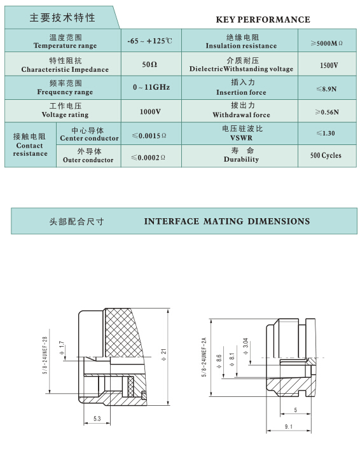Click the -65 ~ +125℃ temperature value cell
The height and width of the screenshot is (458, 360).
point(149,41)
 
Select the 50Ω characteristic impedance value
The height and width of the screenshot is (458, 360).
point(149,64)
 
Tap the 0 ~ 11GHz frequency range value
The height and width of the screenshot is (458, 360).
point(151,87)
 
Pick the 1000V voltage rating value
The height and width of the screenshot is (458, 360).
point(150,111)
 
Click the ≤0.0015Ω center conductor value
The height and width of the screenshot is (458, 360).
point(149,135)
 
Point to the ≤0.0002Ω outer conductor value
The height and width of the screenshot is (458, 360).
point(148,158)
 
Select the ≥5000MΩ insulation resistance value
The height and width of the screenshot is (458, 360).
point(326,43)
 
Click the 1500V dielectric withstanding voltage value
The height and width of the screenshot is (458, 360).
point(329,65)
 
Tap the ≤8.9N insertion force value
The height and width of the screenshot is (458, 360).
point(326,89)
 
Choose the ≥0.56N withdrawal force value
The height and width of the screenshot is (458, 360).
point(327,112)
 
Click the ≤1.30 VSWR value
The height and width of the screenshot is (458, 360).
point(326,133)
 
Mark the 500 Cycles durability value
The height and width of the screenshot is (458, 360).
point(326,155)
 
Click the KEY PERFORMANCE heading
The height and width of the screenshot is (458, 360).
point(263,20)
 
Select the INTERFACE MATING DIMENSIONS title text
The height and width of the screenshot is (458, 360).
point(227,221)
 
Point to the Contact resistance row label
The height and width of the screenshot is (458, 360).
point(29,145)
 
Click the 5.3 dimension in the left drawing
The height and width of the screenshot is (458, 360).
point(97,419)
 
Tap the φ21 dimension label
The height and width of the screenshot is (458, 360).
point(163,354)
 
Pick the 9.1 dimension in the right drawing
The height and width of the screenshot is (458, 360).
point(289,427)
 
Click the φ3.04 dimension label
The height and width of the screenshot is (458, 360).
point(246,347)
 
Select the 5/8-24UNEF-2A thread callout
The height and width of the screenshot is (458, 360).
point(204,357)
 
